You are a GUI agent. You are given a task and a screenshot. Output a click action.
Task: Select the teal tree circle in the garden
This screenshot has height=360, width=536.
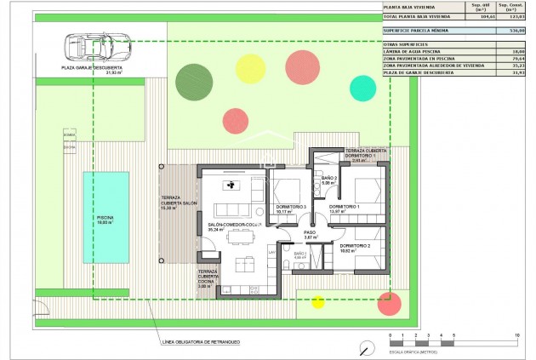(x=362, y=86)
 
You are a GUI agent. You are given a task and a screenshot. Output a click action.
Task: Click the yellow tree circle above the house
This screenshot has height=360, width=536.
(x=250, y=66)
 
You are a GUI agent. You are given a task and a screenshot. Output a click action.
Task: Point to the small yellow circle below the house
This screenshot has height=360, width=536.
(x=318, y=301)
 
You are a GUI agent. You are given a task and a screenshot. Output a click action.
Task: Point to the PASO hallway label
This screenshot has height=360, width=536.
(x=310, y=232)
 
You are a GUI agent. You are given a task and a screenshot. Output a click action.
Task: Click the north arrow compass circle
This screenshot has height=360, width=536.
(x=366, y=347)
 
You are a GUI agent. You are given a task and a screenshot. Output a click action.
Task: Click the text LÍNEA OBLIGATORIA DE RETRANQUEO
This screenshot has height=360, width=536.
(x=201, y=343)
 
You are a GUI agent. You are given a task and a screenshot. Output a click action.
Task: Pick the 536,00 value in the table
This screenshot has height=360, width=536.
(x=508, y=30)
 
